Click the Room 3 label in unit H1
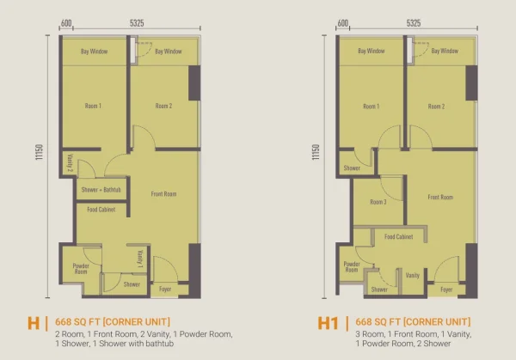378,202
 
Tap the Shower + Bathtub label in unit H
101,190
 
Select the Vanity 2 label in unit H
70,162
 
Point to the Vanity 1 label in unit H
140,259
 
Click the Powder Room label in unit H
81,269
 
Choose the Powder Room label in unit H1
352,266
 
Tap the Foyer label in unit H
165,289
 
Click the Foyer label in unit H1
446,290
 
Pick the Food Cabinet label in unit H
101,210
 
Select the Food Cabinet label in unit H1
398,237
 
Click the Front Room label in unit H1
440,197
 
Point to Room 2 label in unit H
164,106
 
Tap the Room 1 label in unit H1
372,107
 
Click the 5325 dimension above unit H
137,23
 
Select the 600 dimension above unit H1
343,23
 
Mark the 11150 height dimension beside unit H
40,152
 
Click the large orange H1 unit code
329,323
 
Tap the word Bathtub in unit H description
162,344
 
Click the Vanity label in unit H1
412,275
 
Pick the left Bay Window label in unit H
94,52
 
